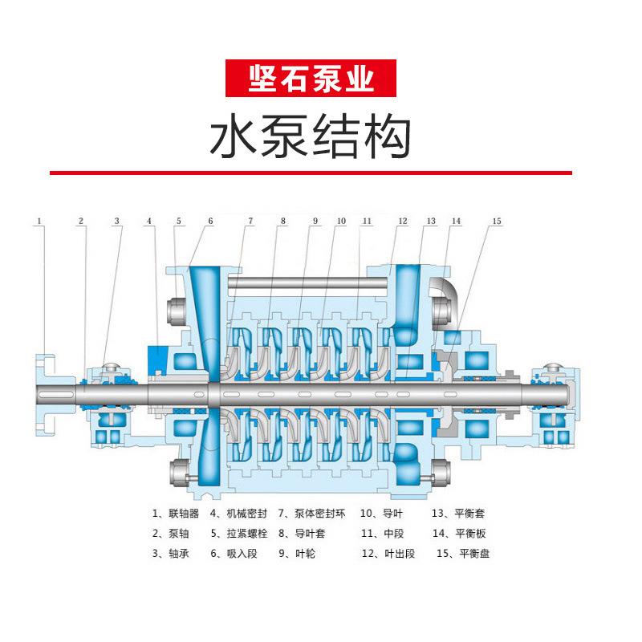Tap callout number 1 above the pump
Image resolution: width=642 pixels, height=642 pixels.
click(38, 220)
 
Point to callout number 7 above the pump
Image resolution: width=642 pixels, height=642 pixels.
click(250, 220)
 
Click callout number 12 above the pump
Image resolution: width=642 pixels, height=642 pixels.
click(403, 220)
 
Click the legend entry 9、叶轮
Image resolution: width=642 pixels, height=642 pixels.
click(297, 553)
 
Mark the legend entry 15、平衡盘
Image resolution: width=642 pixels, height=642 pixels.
click(463, 553)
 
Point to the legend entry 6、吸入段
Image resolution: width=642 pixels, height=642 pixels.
click(233, 553)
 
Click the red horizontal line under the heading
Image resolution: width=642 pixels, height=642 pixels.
click(311, 173)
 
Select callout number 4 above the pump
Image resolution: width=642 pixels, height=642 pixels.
click(149, 220)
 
